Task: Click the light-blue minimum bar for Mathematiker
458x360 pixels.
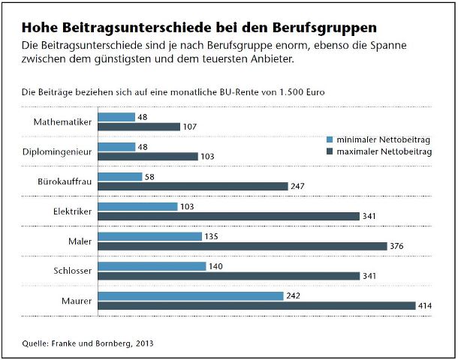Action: pyautogui.click(x=116, y=117)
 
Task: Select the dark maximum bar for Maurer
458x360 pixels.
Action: pyautogui.click(x=256, y=305)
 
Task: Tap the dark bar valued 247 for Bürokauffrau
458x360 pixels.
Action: pyautogui.click(x=193, y=186)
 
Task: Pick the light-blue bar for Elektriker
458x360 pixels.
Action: pyautogui.click(x=137, y=206)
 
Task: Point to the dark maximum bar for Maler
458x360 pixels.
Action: pyautogui.click(x=242, y=246)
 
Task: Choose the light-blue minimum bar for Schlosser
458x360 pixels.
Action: pyautogui.click(x=152, y=265)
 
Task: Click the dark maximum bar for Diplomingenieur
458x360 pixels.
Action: pyautogui.click(x=147, y=156)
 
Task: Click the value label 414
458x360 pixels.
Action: pyautogui.click(x=427, y=305)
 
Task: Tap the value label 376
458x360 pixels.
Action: pyautogui.click(x=399, y=246)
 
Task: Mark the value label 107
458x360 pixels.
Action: pyautogui.click(x=191, y=127)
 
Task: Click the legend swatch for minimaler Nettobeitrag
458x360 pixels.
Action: pyautogui.click(x=330, y=139)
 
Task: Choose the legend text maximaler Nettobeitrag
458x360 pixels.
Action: pyautogui.click(x=384, y=151)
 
